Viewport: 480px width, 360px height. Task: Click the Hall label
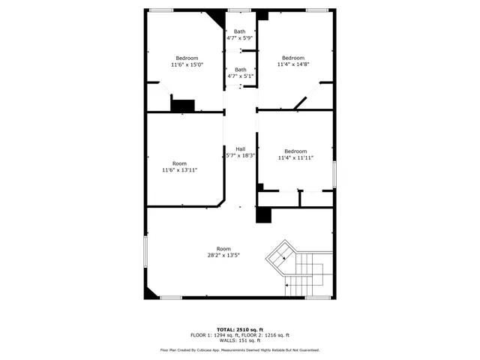coord(241,148)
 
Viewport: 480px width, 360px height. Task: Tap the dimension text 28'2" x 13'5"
coord(223,256)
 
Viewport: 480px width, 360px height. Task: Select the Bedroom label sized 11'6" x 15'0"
coord(187,58)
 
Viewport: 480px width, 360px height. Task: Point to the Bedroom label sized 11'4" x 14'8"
coord(292,58)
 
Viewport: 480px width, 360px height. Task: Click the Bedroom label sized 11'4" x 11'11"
coord(295,151)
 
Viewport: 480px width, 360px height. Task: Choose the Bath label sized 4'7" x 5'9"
coord(240,31)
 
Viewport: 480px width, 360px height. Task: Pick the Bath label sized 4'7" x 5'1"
coord(240,70)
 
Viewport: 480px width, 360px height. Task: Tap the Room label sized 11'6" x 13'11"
coord(179,163)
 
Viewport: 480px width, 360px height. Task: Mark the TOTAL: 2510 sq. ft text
coord(240,329)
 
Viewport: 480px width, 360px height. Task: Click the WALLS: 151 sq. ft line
coord(240,340)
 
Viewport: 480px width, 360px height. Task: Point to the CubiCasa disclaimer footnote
coord(240,350)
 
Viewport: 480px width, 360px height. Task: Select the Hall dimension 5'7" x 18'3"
coord(241,155)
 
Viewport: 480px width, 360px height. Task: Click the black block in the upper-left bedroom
coord(182,106)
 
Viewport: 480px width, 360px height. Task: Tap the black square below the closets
coord(263,214)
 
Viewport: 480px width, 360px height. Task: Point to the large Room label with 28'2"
coord(223,249)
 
